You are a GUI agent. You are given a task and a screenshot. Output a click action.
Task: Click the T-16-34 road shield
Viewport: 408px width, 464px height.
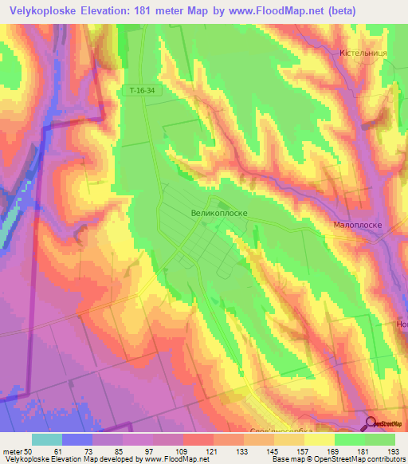[140, 91]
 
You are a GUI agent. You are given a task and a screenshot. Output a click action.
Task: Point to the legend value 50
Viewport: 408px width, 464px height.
[29, 451]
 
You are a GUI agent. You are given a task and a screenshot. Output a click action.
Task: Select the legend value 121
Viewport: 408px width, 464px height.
[213, 451]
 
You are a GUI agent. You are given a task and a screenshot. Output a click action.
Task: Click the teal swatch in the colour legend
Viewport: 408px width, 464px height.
[47, 439]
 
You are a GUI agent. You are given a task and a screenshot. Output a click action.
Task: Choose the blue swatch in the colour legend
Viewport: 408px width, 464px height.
[77, 439]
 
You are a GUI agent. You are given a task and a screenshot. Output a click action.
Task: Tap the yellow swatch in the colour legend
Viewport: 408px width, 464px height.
[320, 439]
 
